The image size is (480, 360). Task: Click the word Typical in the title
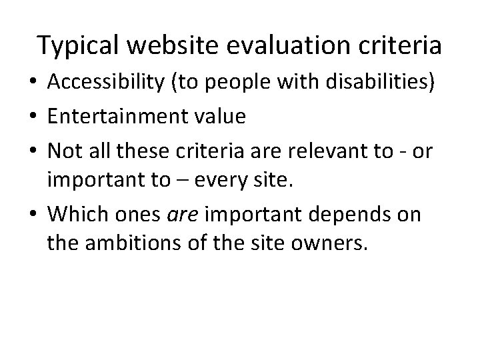(x=79, y=45)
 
